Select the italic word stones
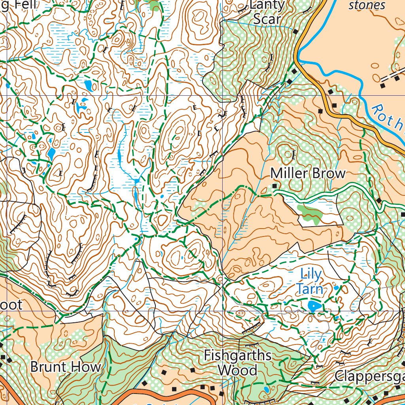(x=367, y=5)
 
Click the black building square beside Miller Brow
(x=274, y=185)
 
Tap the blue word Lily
(x=311, y=273)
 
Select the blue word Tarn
(x=310, y=289)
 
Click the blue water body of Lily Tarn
(x=313, y=305)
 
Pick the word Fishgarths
(x=238, y=356)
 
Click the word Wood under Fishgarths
(x=238, y=371)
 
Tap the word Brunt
(x=47, y=367)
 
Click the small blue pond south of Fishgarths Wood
(x=266, y=390)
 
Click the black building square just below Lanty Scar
(x=295, y=31)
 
